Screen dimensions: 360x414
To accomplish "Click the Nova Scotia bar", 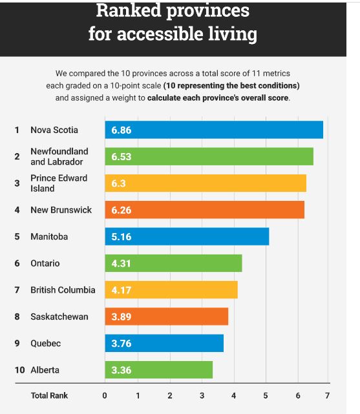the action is [x=214, y=130].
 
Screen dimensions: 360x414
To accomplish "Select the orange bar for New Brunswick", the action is [x=204, y=210].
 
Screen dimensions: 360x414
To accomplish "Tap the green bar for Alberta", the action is [x=159, y=369].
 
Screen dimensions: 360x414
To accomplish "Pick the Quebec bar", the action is [x=164, y=343].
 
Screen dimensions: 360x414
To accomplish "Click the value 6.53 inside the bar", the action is [x=122, y=156].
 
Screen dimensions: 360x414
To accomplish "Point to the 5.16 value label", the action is [x=122, y=236].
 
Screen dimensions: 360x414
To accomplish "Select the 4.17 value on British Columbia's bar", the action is [x=122, y=290].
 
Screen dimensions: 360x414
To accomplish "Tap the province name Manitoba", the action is [x=49, y=236].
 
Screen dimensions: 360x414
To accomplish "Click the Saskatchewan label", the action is [x=59, y=316].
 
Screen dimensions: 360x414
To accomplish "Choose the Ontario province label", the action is [x=45, y=264].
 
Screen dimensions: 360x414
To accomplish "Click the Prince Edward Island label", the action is [x=59, y=183].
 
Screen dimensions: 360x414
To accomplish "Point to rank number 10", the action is [x=19, y=370].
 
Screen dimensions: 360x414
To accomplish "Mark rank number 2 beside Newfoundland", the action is [x=17, y=156].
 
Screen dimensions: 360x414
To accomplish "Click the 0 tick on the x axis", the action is [x=105, y=395].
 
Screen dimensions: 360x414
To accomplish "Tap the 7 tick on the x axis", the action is [x=327, y=395].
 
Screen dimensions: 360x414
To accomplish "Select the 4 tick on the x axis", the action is [x=233, y=395].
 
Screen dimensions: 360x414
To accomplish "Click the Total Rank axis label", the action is [x=49, y=395].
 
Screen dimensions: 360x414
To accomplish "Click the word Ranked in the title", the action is [x=129, y=10].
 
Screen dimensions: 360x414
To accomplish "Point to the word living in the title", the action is [x=233, y=34].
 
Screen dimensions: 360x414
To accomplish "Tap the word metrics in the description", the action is [x=277, y=73].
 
